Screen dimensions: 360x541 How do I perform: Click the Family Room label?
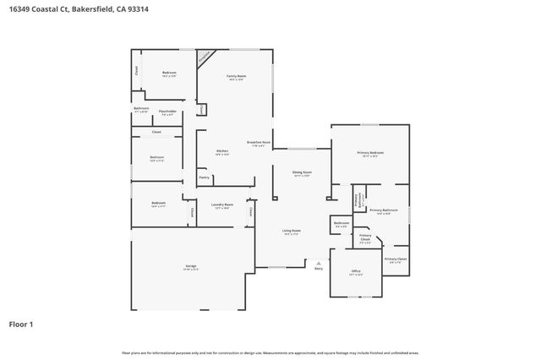pyautogui.click(x=236, y=77)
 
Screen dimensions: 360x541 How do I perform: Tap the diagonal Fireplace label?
pyautogui.click(x=205, y=57)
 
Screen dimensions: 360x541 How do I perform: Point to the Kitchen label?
pyautogui.click(x=221, y=152)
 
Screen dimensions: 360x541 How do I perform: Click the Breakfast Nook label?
pyautogui.click(x=259, y=143)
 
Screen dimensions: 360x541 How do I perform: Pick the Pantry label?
pyautogui.click(x=204, y=177)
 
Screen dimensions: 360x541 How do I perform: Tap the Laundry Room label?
pyautogui.click(x=222, y=205)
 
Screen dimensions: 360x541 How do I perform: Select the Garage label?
pyautogui.click(x=191, y=266)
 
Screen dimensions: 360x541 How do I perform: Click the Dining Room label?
pyautogui.click(x=301, y=173)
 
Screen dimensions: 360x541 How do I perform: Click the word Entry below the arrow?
pyautogui.click(x=318, y=268)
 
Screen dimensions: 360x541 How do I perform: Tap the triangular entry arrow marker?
pyautogui.click(x=318, y=261)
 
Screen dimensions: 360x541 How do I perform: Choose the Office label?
pyautogui.click(x=356, y=271)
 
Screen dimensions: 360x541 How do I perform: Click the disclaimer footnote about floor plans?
pyautogui.click(x=270, y=352)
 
